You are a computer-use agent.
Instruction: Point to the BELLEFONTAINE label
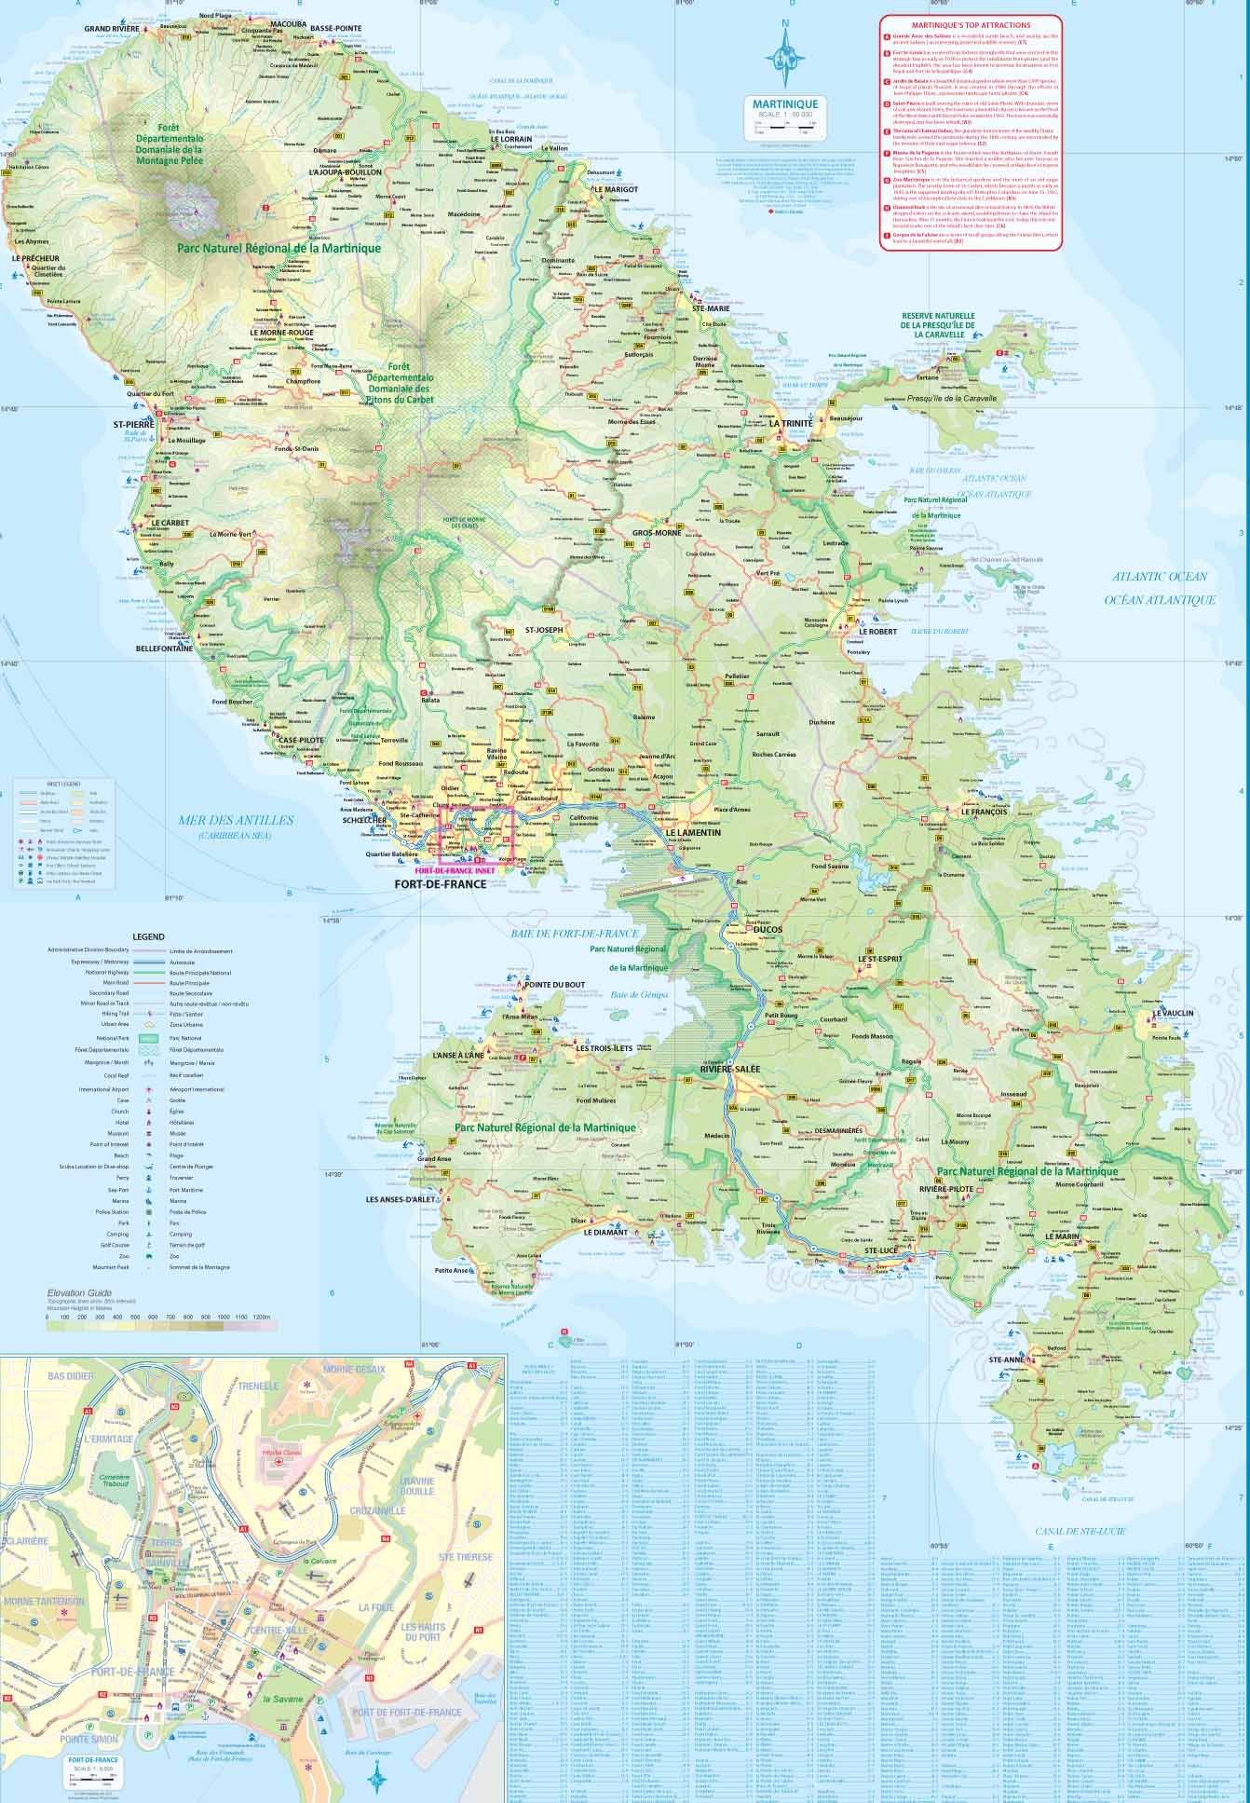(164, 648)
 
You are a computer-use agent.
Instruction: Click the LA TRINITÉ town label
(791, 423)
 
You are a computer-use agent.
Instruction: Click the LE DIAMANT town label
(606, 1232)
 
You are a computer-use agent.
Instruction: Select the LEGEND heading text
(149, 935)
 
